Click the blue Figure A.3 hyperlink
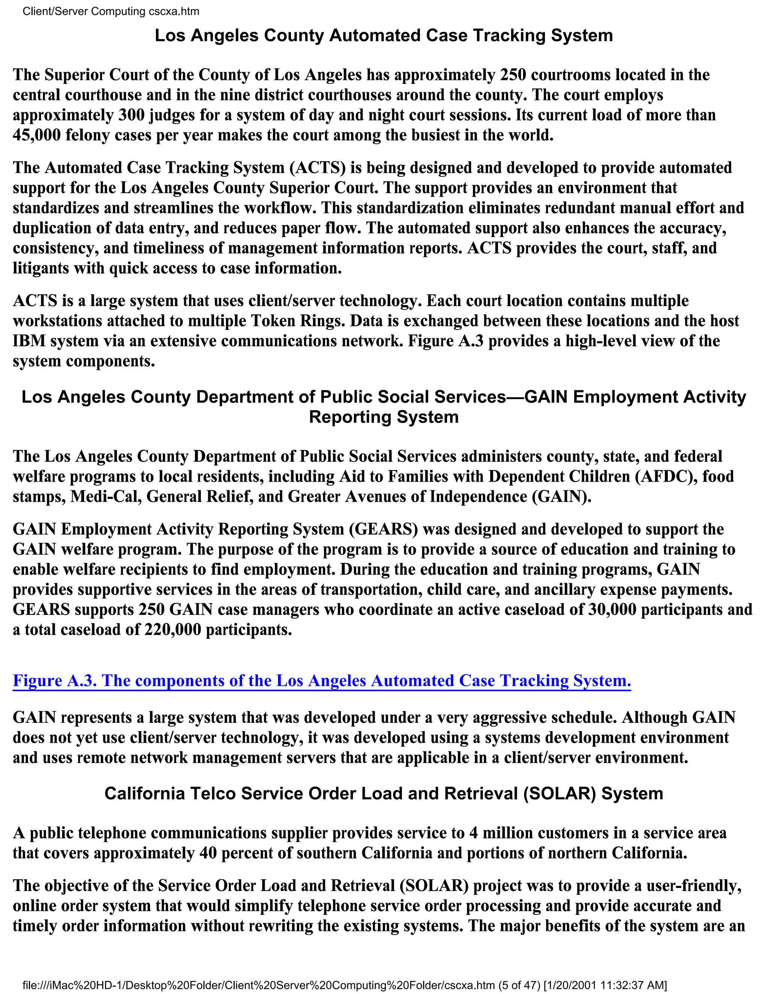pos(321,680)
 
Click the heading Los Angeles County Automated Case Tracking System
pos(384,36)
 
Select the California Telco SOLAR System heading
pos(384,793)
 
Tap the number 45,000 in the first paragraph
pos(36,135)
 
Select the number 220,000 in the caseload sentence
pos(172,630)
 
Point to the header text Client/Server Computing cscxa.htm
pos(111,11)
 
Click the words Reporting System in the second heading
pos(384,417)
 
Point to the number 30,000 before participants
pos(612,610)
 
